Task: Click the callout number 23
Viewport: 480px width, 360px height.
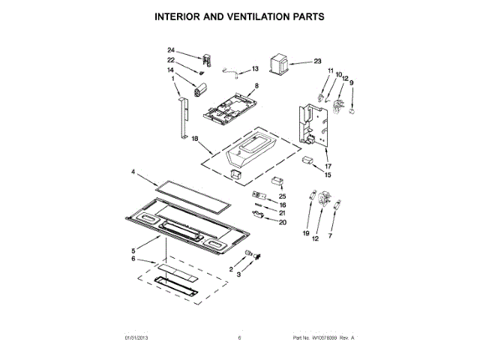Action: point(317,61)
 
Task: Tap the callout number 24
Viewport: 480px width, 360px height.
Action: point(170,50)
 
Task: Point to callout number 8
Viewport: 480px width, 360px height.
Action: point(256,87)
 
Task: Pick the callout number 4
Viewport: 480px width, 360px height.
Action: point(133,172)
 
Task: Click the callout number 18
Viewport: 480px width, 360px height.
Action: point(173,139)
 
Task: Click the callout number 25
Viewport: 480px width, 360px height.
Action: point(283,196)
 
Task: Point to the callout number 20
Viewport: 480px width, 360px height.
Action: point(283,222)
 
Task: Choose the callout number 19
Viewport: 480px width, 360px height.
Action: point(306,235)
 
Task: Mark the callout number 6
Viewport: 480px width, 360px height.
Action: point(133,259)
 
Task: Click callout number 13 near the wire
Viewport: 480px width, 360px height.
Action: point(254,69)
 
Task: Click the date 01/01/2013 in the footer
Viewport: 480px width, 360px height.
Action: point(139,338)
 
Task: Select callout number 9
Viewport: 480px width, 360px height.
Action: point(351,82)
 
